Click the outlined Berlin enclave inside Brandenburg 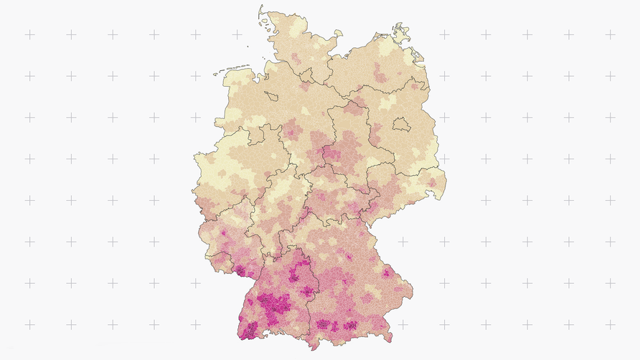click(400, 125)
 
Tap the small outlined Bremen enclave click(273, 95)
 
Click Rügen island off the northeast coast click(399, 32)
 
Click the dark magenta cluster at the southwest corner click(250, 330)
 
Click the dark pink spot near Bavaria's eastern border click(387, 273)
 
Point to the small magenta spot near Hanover click(293, 133)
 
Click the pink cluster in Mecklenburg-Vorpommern click(379, 72)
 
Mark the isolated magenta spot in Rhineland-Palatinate click(224, 233)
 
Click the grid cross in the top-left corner click(29, 34)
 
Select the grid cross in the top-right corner click(610, 34)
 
